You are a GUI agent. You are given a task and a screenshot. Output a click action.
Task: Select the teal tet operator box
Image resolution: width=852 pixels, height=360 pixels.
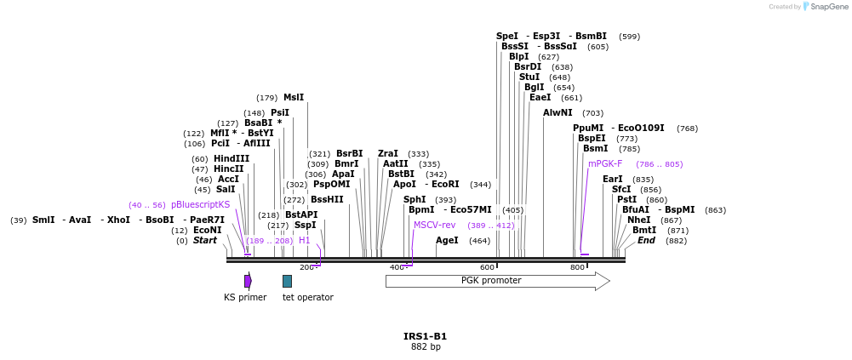(x=288, y=281)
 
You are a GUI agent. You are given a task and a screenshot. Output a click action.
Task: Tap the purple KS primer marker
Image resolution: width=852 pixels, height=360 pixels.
(x=248, y=281)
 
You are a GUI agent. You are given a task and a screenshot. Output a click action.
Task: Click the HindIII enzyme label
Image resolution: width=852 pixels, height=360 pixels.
(x=232, y=159)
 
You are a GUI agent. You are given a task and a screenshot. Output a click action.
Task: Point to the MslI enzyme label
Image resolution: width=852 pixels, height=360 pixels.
(x=294, y=98)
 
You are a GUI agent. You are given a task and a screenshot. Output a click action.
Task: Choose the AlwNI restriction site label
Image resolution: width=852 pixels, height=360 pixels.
(x=558, y=112)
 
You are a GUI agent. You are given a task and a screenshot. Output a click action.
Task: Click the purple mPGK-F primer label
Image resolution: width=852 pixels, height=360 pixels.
(x=605, y=164)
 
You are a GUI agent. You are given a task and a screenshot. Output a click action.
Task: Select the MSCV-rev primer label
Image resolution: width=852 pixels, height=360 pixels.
(x=434, y=226)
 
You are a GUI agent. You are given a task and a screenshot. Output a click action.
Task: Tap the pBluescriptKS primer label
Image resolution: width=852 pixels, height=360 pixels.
(x=200, y=205)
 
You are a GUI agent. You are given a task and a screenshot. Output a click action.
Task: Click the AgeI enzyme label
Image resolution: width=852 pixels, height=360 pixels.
(x=447, y=241)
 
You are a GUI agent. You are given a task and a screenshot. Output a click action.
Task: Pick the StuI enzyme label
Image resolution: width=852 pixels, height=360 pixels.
(x=529, y=77)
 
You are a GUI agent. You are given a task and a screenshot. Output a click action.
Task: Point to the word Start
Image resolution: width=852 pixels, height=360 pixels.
(x=205, y=241)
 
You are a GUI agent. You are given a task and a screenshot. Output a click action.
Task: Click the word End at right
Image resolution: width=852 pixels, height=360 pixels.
(x=646, y=241)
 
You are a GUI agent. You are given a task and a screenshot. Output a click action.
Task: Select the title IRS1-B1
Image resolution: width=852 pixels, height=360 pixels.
(x=425, y=336)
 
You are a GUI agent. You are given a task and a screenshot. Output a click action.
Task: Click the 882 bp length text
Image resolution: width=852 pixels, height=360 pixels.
(x=425, y=347)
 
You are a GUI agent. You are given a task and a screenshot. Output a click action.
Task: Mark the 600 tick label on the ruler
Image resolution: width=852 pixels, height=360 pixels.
(x=488, y=268)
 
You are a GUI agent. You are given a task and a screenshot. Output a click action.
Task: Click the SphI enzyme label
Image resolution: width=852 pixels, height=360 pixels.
(x=415, y=200)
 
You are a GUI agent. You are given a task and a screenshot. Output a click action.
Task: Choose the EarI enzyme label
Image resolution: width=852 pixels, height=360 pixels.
(x=613, y=180)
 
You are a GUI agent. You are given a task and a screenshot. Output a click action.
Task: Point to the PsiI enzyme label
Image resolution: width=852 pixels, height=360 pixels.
(x=280, y=113)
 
